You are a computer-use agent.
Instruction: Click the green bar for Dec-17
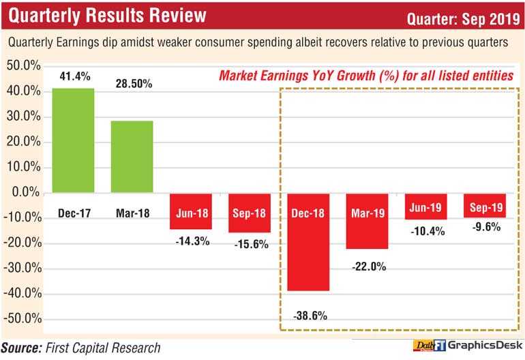click(73, 140)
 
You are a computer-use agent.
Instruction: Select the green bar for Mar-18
click(132, 157)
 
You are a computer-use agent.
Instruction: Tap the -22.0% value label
click(368, 267)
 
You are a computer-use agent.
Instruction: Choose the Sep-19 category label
click(485, 205)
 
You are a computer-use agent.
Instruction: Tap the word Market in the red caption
click(241, 76)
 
